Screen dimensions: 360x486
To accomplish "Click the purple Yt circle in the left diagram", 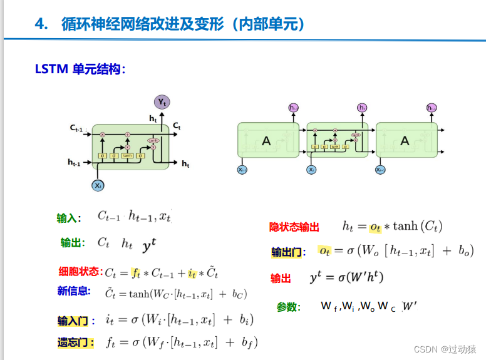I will tap(162, 102).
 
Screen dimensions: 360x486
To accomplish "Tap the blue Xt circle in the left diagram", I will tap(98, 185).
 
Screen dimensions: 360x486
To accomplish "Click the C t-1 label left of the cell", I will tap(78, 128).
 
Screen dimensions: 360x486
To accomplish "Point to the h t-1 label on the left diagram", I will tap(75, 162).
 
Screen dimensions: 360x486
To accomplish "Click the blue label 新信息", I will tap(74, 291).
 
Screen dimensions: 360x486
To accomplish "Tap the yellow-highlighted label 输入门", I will tap(73, 321).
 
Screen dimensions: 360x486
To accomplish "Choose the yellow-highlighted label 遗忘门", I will tap(73, 342).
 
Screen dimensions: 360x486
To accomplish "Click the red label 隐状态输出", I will tap(294, 227).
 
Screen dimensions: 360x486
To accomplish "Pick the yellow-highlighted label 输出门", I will tap(286, 252).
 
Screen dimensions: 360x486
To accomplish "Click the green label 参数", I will tap(288, 307).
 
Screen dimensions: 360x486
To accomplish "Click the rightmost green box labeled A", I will tap(405, 141).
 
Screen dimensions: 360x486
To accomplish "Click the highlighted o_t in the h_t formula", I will tap(375, 227).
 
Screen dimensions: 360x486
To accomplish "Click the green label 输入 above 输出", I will tap(67, 219).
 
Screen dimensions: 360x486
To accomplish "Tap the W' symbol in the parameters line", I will tap(410, 306).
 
